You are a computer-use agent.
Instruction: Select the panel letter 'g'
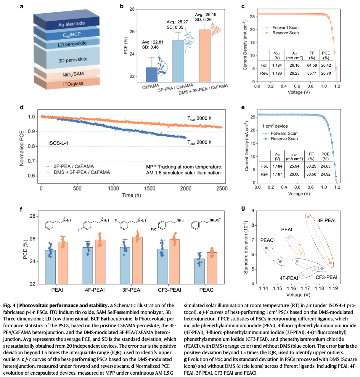click(243, 208)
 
